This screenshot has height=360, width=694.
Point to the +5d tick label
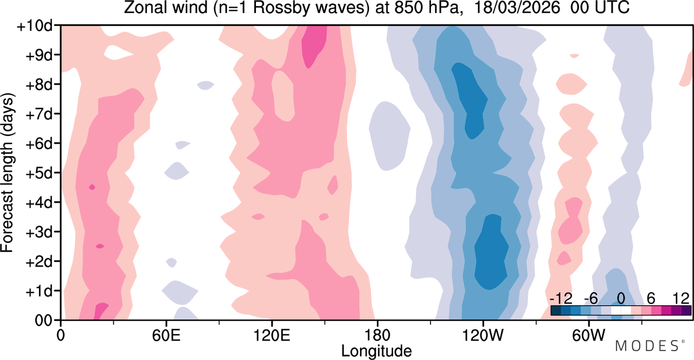pos(38,173)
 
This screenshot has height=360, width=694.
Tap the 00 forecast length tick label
pos(43,321)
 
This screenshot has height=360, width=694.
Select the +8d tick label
pos(38,85)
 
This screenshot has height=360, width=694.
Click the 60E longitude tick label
pos(166,335)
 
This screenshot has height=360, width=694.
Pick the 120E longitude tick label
pos(272,335)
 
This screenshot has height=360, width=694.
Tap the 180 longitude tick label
pos(377,335)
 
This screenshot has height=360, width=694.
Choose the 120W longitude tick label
pos(483,335)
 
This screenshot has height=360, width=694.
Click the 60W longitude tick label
pos(588,335)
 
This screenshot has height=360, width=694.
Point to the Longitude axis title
pos(376,351)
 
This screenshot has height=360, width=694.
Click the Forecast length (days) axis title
pos(8,172)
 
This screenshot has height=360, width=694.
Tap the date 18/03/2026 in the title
pos(517,7)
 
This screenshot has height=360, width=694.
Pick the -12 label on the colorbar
pos(561,299)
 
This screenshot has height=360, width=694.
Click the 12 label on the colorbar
pos(681,299)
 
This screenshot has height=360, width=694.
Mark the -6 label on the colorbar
pos(590,299)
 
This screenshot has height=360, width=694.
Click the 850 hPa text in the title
pos(426,7)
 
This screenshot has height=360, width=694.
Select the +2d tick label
pos(38,262)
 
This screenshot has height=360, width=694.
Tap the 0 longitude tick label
pos(61,335)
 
